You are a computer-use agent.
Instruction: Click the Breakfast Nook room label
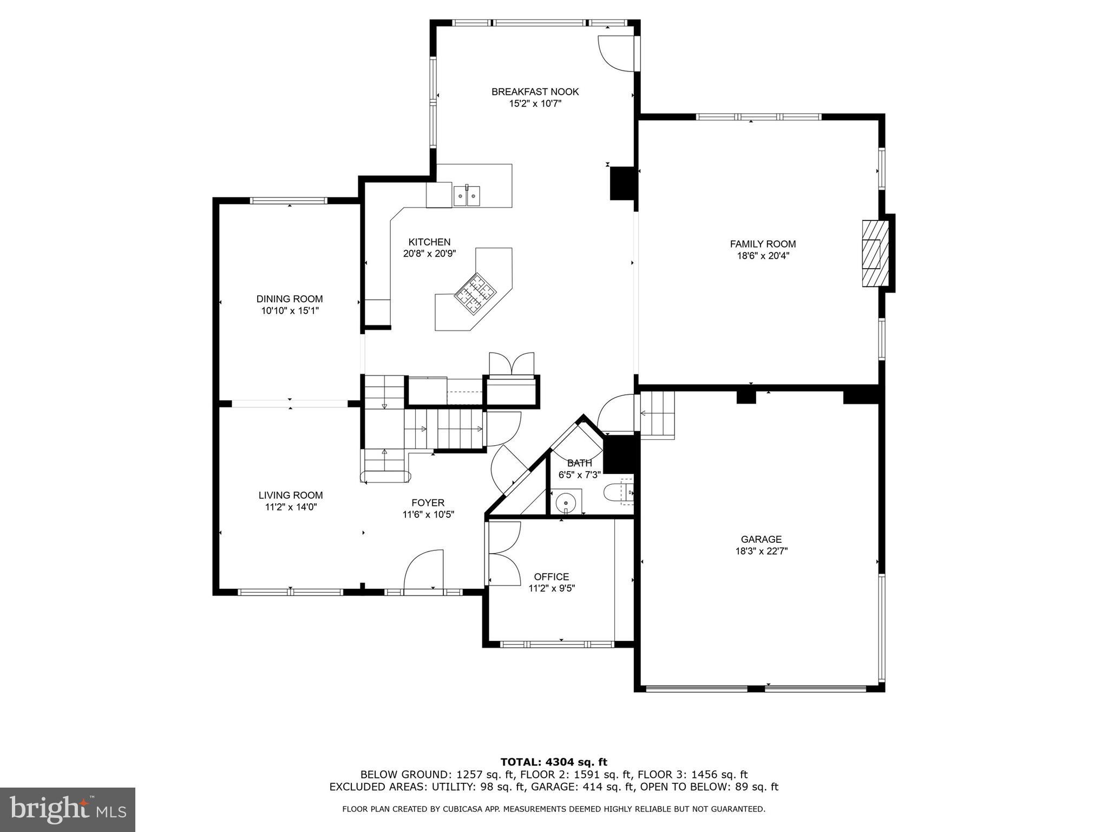point(535,92)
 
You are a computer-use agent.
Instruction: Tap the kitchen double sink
point(467,196)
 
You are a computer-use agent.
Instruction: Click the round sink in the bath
point(566,500)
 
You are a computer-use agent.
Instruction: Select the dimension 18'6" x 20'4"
point(763,256)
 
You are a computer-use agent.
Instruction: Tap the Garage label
point(761,539)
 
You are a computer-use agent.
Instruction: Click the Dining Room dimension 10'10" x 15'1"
point(290,311)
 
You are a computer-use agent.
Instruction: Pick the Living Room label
point(290,495)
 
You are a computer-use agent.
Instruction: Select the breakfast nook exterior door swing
point(616,53)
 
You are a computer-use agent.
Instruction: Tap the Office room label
point(551,576)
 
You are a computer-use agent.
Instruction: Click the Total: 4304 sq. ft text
point(553,762)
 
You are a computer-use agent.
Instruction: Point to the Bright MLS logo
point(68,809)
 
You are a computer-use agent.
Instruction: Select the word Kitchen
point(429,242)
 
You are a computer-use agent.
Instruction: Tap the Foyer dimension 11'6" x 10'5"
point(428,515)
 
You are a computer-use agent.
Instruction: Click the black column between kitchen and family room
point(622,183)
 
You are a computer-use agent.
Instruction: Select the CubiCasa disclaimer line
point(553,809)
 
